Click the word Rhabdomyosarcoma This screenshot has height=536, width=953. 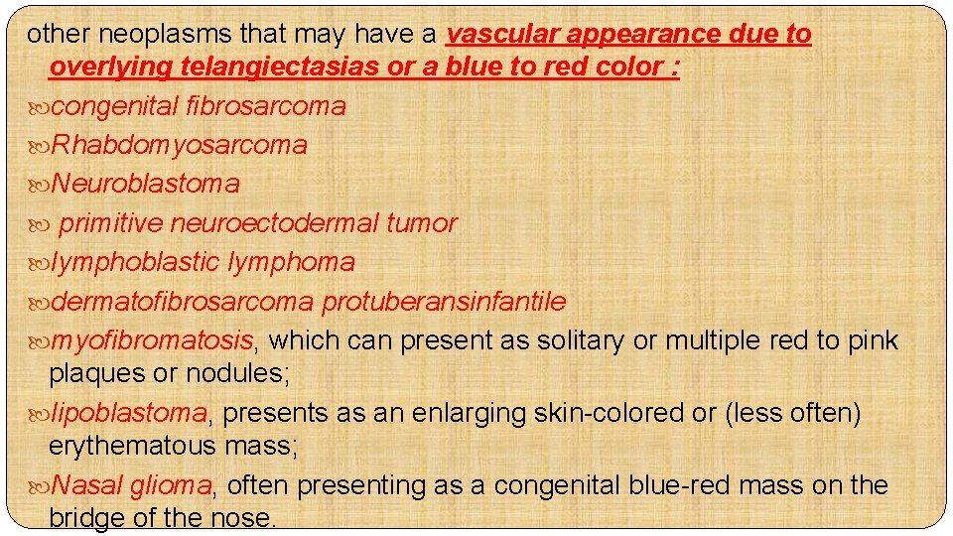pos(179,145)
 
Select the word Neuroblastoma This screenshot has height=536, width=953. pos(145,184)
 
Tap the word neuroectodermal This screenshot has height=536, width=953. pos(274,223)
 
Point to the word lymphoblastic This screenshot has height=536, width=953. pos(136,263)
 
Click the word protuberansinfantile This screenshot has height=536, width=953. pos(444,302)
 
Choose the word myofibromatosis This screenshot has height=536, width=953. pos(152,341)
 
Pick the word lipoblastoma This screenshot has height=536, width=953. pos(129,413)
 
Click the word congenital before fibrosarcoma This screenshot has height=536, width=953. pos(114,106)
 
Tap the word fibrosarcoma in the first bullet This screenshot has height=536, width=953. pos(265,106)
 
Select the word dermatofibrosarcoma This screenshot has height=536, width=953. pos(183,302)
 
